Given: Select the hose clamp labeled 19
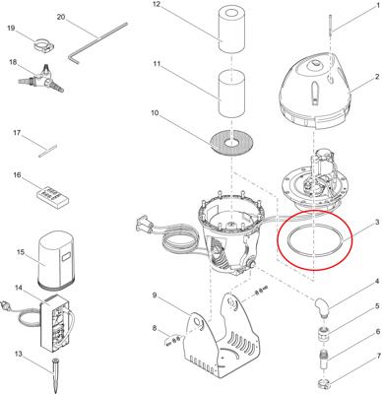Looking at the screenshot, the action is pyautogui.click(x=44, y=44).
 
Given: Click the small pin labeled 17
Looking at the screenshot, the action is pyautogui.click(x=48, y=152).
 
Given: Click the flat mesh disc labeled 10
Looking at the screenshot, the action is pyautogui.click(x=232, y=142).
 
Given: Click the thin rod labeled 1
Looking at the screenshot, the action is pyautogui.click(x=331, y=24).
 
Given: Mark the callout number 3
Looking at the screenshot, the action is pyautogui.click(x=377, y=222).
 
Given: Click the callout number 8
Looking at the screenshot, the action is pyautogui.click(x=155, y=328).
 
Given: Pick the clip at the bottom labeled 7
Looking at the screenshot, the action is pyautogui.click(x=325, y=382).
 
